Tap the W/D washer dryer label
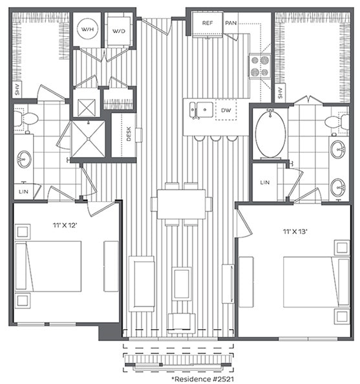[119, 31]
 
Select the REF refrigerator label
[207, 23]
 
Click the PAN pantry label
[231, 23]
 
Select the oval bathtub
[270, 134]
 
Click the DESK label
[129, 134]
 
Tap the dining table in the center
[181, 204]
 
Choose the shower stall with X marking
[87, 137]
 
